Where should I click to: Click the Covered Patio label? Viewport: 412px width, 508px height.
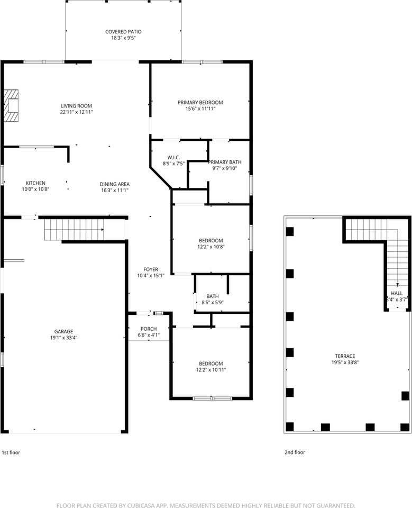(123, 32)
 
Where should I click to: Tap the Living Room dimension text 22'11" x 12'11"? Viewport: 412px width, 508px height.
(77, 112)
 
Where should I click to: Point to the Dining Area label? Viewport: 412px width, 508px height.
(114, 184)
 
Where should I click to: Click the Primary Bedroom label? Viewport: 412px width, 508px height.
(200, 103)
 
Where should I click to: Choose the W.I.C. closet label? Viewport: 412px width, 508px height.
(175, 157)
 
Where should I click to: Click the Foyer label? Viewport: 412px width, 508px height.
(151, 269)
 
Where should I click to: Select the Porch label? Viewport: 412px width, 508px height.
(149, 329)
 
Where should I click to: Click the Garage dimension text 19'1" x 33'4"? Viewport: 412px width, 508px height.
(62, 338)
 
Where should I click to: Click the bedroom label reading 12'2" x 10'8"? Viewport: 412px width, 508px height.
(210, 247)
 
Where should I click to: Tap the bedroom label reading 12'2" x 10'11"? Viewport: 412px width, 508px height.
(210, 370)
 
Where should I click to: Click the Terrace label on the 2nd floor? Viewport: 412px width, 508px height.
(344, 356)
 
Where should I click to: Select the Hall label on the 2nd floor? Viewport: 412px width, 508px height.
(397, 293)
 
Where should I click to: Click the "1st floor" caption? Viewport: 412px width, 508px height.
(11, 452)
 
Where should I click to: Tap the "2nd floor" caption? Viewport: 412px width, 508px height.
(295, 452)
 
